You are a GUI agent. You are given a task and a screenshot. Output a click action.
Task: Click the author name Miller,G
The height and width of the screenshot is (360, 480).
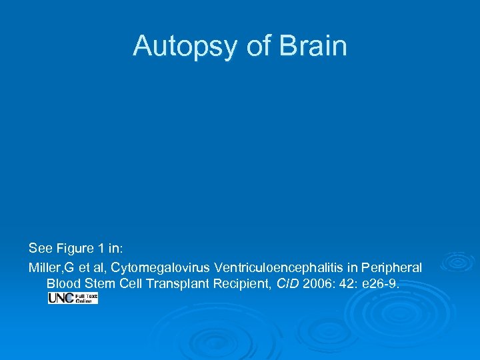[51, 267]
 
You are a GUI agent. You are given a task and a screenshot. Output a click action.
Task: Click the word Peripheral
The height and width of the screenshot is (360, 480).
[391, 267]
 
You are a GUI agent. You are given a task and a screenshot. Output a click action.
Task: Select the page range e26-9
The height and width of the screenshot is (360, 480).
[382, 284]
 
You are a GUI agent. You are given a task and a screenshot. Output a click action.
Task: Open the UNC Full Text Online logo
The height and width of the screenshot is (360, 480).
[73, 298]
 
